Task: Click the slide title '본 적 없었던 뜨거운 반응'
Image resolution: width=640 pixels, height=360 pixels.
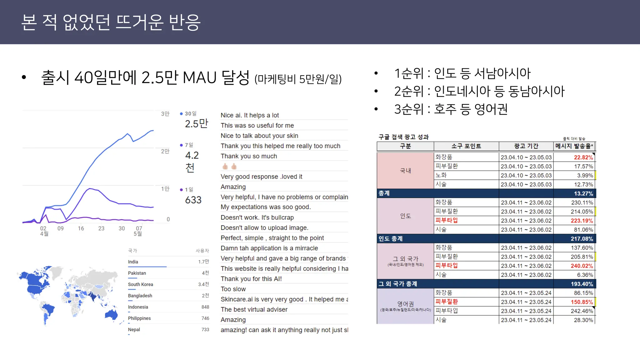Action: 111,22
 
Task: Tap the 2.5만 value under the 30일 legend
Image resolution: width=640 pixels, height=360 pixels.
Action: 196,124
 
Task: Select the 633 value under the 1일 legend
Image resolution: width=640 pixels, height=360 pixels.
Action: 193,200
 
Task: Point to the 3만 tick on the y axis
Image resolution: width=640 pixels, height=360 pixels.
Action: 165,114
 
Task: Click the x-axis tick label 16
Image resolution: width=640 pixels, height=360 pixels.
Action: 81,228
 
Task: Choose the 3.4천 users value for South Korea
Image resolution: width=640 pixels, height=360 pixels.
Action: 203,284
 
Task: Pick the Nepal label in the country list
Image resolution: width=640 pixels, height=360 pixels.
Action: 134,329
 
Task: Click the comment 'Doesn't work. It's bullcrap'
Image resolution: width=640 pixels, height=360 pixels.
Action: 257,217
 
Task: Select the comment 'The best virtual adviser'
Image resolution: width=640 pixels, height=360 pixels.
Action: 254,309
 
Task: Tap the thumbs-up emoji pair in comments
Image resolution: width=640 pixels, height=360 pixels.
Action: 229,166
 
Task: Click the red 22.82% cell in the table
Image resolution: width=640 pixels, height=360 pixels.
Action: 583,157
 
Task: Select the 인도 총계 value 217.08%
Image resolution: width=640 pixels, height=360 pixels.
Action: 582,239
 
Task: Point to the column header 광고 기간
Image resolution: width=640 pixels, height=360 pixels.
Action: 526,146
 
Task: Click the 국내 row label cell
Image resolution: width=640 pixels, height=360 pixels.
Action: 405,171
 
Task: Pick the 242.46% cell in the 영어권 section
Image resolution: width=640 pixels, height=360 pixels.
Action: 582,311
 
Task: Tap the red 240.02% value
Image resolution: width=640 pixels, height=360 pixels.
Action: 582,266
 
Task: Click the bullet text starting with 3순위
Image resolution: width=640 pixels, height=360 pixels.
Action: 451,109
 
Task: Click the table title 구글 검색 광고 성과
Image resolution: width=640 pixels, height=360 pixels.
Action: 403,137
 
